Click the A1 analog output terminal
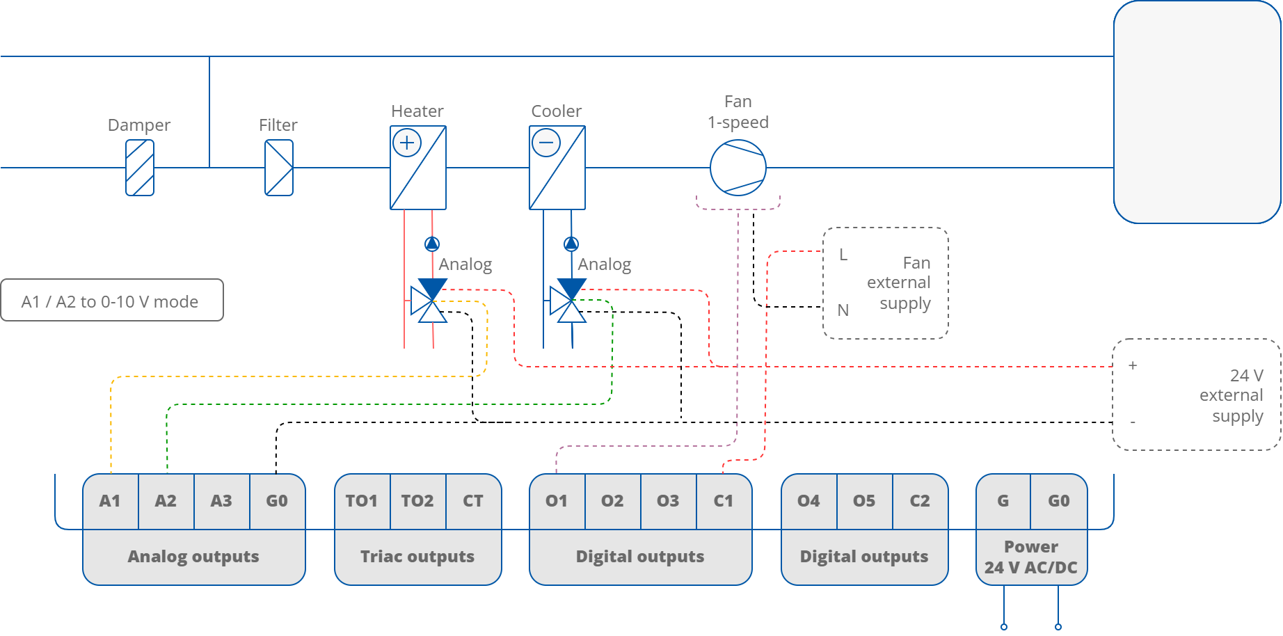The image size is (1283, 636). click(x=110, y=501)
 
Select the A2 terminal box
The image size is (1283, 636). click(x=166, y=501)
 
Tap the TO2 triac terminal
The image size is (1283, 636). click(x=417, y=501)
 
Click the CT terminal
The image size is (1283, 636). click(x=473, y=501)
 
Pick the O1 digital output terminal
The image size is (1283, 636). click(x=557, y=501)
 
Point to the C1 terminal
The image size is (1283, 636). click(x=724, y=501)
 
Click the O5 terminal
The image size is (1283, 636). click(x=864, y=501)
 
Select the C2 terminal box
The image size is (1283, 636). click(x=920, y=501)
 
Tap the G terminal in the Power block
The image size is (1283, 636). click(x=1003, y=501)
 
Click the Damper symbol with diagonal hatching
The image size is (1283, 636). click(x=140, y=168)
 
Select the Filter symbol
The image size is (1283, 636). click(x=279, y=168)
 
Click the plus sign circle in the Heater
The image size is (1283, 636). click(x=407, y=143)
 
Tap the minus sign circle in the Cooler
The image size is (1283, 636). click(x=546, y=143)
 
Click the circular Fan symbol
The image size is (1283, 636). click(x=738, y=168)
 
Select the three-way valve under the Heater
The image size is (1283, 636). click(x=430, y=301)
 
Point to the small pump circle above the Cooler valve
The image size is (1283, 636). click(x=571, y=244)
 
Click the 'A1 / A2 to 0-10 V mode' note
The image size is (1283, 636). click(x=111, y=301)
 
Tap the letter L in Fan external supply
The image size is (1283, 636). click(x=843, y=255)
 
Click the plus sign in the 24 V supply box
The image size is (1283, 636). click(x=1133, y=365)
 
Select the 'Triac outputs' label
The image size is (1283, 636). click(x=417, y=557)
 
